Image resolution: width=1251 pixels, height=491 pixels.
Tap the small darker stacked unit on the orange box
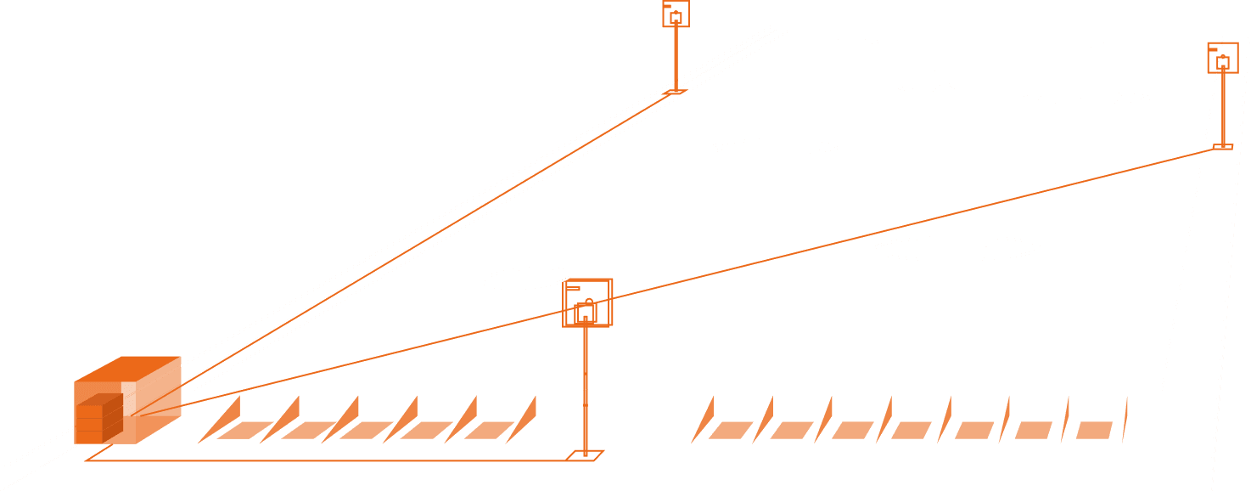coord(99,418)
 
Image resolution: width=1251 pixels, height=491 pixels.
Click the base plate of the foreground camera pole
coord(585,455)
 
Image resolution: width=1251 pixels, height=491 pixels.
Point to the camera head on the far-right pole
coord(1222,59)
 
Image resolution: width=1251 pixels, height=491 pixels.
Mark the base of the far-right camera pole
coord(1222,147)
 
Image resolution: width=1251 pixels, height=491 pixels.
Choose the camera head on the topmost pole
coord(676,14)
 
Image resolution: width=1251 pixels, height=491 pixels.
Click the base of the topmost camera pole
coord(675,90)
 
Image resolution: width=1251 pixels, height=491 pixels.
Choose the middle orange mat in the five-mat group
coord(366,430)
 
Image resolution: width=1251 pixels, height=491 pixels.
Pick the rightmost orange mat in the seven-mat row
coord(1094,430)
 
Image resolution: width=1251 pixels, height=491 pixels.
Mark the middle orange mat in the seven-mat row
coord(912,430)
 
